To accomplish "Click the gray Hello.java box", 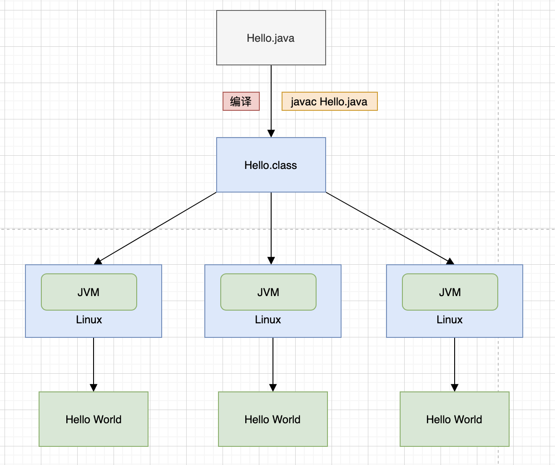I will pyautogui.click(x=271, y=38).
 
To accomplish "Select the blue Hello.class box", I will pyautogui.click(x=271, y=165).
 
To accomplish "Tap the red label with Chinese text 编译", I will pyautogui.click(x=241, y=101).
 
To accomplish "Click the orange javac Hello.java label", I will pyautogui.click(x=329, y=101).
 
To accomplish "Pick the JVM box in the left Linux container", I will pyautogui.click(x=89, y=292).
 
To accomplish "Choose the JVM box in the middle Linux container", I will pyautogui.click(x=268, y=292).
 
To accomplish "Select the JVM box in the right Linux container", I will pyautogui.click(x=450, y=292).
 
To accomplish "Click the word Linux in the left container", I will pyautogui.click(x=89, y=320).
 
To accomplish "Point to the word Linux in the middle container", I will pyautogui.click(x=268, y=320).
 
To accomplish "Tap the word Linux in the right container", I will pyautogui.click(x=450, y=320).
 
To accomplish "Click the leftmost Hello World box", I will pyautogui.click(x=94, y=419).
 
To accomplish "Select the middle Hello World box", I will pyautogui.click(x=273, y=419).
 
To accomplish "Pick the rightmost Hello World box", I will pyautogui.click(x=455, y=419).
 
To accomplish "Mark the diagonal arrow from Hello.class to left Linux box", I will pyautogui.click(x=155, y=228).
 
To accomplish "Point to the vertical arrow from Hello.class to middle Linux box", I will pyautogui.click(x=271, y=227).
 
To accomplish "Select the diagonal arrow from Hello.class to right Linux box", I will pyautogui.click(x=390, y=228).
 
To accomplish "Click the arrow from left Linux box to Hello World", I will pyautogui.click(x=94, y=363).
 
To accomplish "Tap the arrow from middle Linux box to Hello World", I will pyautogui.click(x=273, y=363).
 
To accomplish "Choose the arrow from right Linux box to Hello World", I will pyautogui.click(x=455, y=363).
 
